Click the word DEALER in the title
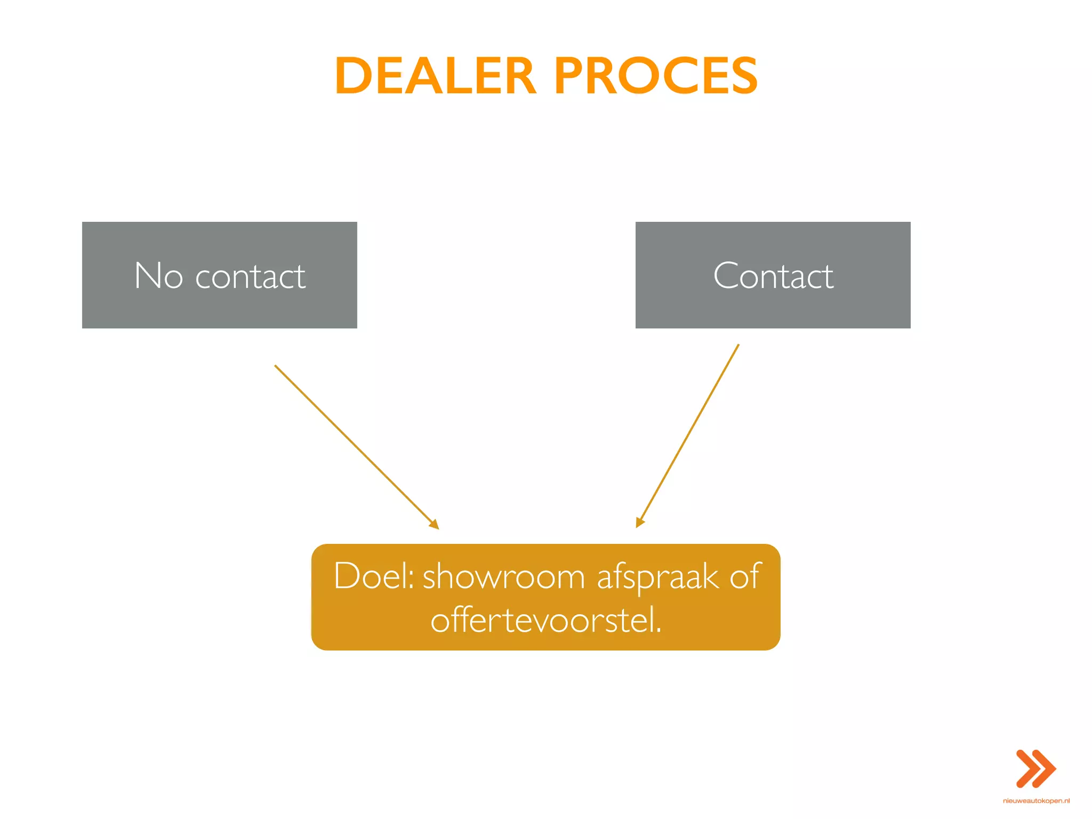[x=435, y=76]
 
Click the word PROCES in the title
[x=656, y=76]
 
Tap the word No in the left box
[x=158, y=276]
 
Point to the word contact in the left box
[x=250, y=277]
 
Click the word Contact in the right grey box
[x=773, y=276]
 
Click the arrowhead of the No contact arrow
[x=435, y=525]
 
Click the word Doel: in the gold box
[x=374, y=576]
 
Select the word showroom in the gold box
[x=504, y=577]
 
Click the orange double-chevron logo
[x=1035, y=768]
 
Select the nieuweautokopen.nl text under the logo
[x=1036, y=801]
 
